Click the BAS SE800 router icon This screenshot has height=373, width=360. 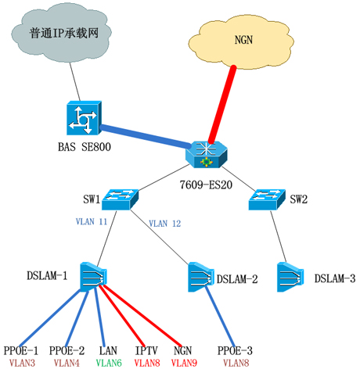pos(84,118)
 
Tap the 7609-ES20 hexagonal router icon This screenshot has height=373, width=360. pos(207,155)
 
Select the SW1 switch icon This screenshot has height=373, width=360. pos(120,199)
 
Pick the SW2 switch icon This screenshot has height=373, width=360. pos(267,199)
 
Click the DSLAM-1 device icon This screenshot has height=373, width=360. pos(93,277)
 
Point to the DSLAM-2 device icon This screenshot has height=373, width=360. pos(201,277)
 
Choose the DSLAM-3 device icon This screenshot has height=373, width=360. pos(290,277)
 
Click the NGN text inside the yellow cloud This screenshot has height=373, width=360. pos(243,40)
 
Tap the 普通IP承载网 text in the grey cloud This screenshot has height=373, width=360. pos(64,34)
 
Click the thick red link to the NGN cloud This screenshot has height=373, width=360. pos(222,104)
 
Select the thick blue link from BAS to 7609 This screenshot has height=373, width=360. pos(146,136)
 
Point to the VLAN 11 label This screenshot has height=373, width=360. pos(92,221)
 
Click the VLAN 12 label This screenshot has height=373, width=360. pos(165,224)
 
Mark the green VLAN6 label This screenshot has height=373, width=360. pos(109,363)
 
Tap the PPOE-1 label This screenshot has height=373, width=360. pos(21,351)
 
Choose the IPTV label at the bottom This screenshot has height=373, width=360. pos(146,351)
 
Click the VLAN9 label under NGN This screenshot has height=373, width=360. pos(184,363)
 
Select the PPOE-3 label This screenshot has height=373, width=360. pos(235,351)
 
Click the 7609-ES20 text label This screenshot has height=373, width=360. pos(206,185)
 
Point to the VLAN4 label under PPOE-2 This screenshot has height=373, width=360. pos(67,363)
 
